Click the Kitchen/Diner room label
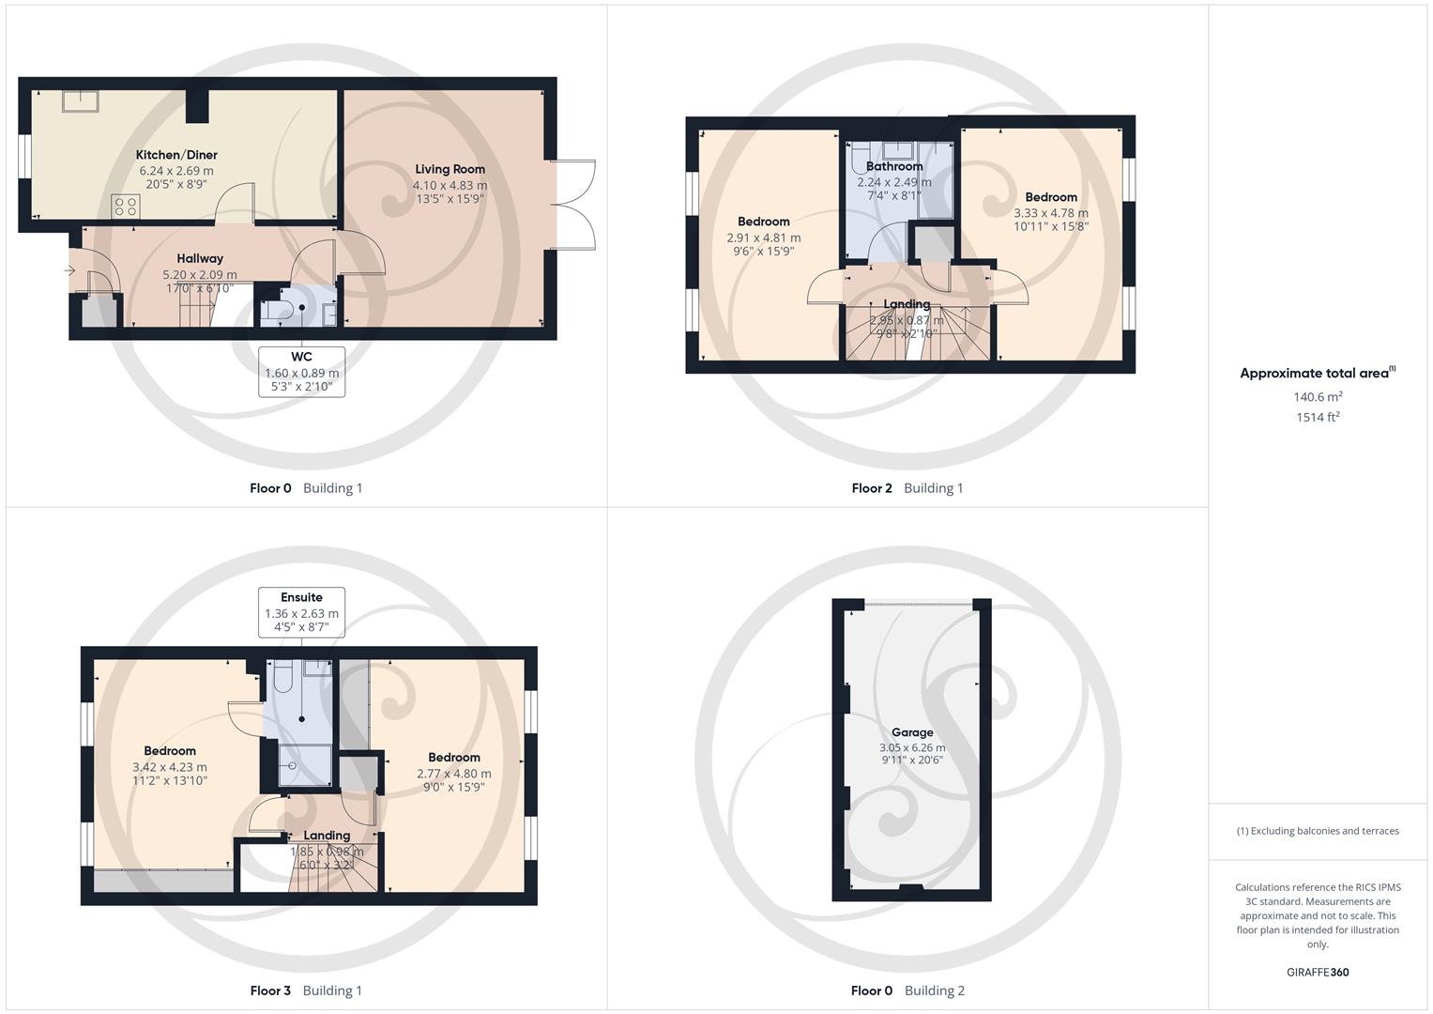point(176,155)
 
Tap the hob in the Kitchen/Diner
point(125,206)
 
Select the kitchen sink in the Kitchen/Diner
point(81,100)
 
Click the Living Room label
point(450,170)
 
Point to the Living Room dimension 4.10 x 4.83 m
point(450,186)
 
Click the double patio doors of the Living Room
point(572,204)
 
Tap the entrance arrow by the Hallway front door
point(70,271)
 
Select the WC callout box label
point(301,357)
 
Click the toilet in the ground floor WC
point(272,312)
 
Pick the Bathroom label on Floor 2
point(894,166)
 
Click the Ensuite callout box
point(301,612)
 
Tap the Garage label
point(912,732)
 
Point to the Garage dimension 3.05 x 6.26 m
point(912,748)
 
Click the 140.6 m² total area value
point(1318,397)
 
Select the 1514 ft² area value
point(1318,418)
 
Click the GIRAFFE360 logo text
point(1318,973)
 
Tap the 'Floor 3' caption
point(270,991)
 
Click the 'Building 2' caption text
point(934,991)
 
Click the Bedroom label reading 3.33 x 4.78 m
point(1051,197)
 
